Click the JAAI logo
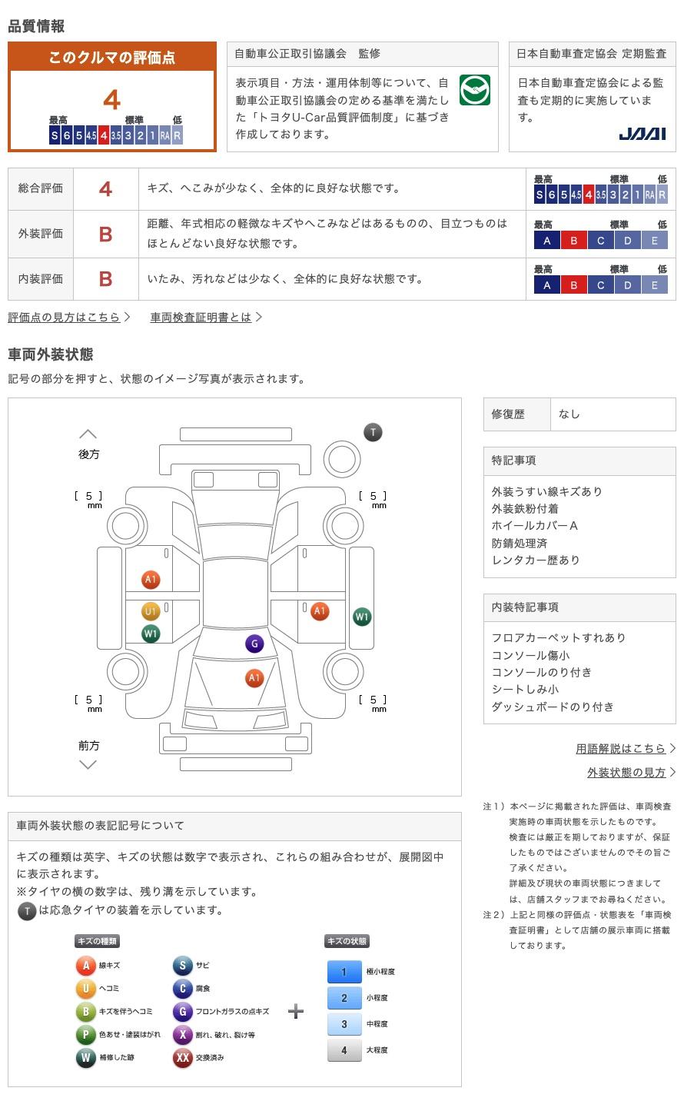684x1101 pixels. click(642, 134)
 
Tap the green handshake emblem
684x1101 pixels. click(474, 90)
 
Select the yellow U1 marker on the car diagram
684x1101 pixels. click(151, 612)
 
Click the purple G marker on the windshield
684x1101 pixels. click(254, 644)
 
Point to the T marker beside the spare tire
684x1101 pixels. click(373, 432)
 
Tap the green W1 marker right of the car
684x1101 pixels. click(362, 617)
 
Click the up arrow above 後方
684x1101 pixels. click(88, 434)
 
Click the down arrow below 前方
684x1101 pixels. click(88, 764)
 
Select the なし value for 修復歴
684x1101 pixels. click(569, 414)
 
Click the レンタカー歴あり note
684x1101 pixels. click(536, 560)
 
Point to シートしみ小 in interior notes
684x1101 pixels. click(525, 690)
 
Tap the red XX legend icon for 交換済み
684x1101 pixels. click(182, 1058)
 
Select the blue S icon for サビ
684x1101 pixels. click(182, 966)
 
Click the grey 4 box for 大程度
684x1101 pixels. click(344, 1050)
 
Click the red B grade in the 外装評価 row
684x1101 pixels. click(106, 235)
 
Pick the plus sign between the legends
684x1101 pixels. click(296, 1011)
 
